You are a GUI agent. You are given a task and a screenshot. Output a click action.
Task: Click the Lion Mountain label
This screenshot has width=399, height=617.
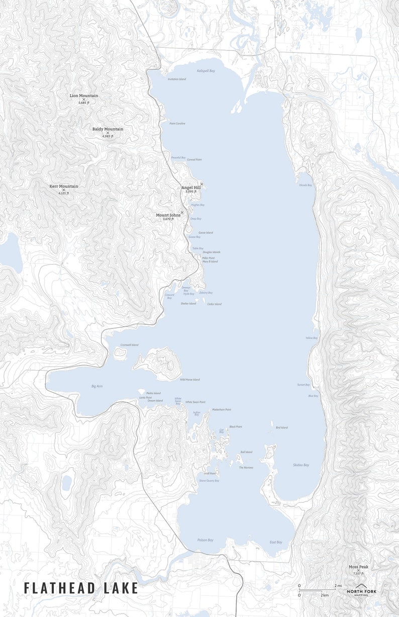tap(84, 96)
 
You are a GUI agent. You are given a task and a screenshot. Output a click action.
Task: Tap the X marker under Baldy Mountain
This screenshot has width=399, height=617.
tap(108, 133)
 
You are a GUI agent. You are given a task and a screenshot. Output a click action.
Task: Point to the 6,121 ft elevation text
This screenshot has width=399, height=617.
tap(64, 193)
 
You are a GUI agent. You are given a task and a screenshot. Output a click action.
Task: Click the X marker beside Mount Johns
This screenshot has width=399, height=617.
tap(182, 213)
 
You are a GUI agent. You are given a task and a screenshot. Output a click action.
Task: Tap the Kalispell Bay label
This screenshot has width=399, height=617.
tap(206, 71)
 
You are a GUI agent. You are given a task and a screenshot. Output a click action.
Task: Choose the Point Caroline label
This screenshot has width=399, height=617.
tap(177, 123)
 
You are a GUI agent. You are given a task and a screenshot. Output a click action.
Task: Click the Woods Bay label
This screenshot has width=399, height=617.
tap(306, 185)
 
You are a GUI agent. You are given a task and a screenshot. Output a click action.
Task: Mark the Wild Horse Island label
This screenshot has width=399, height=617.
tap(189, 380)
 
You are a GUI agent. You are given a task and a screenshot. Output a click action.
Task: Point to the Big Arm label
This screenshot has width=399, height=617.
tap(97, 386)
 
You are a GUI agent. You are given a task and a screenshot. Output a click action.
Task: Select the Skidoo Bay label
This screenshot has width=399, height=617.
tap(301, 465)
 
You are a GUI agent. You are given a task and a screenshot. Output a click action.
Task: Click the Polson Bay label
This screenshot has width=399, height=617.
tap(205, 540)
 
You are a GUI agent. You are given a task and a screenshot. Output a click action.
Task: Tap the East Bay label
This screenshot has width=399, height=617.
tap(276, 542)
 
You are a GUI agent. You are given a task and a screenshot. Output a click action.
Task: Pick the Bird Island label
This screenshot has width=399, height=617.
tap(282, 427)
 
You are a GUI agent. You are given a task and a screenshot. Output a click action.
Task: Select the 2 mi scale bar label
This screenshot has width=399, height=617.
tap(339, 586)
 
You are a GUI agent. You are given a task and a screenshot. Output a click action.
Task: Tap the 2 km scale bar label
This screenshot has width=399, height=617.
tap(325, 595)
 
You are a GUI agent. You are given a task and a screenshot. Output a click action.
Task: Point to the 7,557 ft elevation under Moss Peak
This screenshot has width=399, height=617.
tap(358, 573)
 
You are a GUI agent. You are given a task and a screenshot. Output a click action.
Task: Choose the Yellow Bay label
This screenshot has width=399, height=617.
tap(312, 338)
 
